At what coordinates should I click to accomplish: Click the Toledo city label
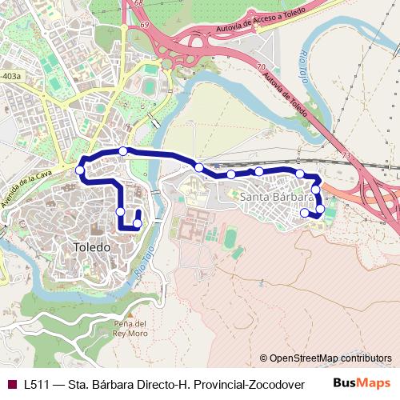pos(92,247)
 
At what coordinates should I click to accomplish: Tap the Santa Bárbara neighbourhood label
pos(276,197)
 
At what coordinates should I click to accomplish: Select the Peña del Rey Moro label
pos(130,327)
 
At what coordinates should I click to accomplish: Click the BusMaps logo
pos(362,383)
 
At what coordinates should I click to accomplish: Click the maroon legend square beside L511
pos(10,384)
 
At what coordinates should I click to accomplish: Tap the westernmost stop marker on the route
pos(80,170)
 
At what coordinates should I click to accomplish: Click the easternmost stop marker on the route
pos(320,210)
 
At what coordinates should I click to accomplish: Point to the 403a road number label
pos(11,76)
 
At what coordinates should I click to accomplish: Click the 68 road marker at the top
pos(139,4)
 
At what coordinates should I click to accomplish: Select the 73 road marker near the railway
pos(346,155)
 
